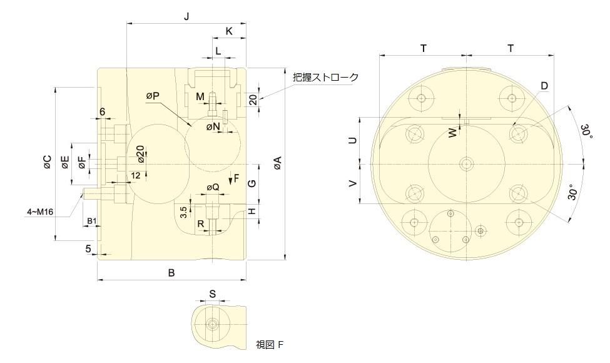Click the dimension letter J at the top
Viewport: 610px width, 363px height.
pyautogui.click(x=186, y=16)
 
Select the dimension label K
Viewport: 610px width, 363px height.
pyautogui.click(x=229, y=31)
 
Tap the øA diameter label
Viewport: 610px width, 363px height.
pyautogui.click(x=277, y=163)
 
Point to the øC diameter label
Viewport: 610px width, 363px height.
pyautogui.click(x=47, y=162)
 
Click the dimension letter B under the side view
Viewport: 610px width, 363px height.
pyautogui.click(x=171, y=273)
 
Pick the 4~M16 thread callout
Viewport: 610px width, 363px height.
pyautogui.click(x=40, y=212)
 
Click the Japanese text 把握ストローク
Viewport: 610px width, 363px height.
pyautogui.click(x=325, y=77)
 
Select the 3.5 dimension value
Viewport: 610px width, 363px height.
pyautogui.click(x=185, y=212)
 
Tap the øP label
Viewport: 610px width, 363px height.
pyautogui.click(x=153, y=96)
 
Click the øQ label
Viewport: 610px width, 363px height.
pyautogui.click(x=213, y=187)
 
